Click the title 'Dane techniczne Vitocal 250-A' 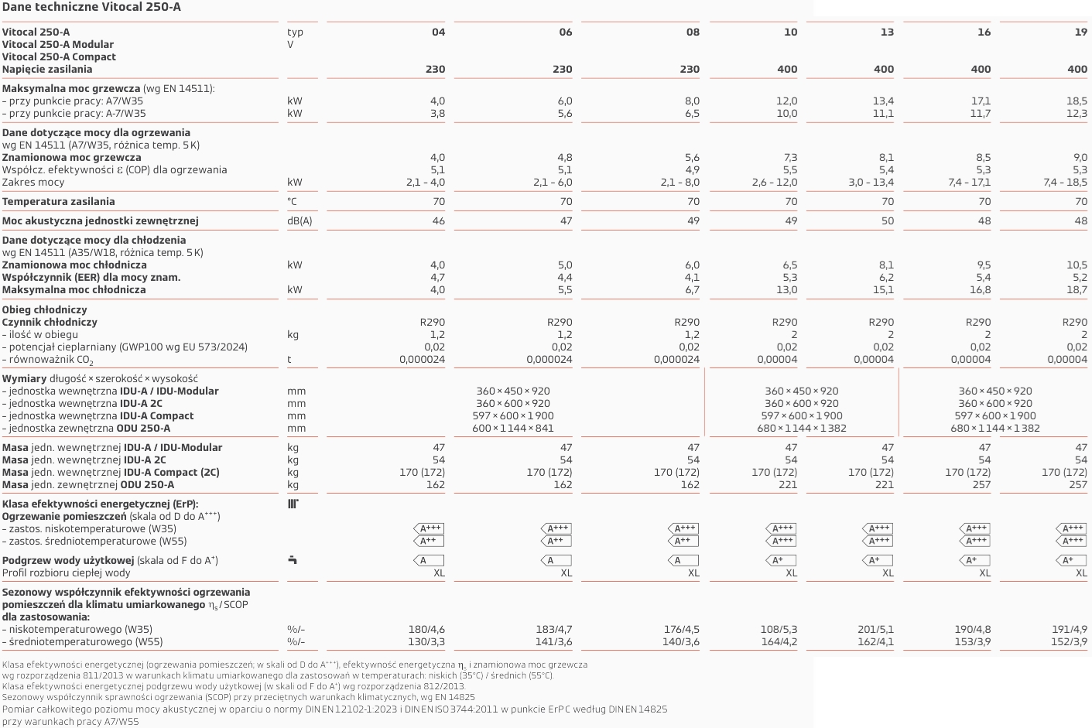click(x=91, y=7)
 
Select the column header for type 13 click(x=887, y=32)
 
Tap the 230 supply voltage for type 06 click(x=562, y=69)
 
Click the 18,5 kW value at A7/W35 click(x=1077, y=101)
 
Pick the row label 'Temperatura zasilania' click(x=59, y=201)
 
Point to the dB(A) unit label click(x=300, y=220)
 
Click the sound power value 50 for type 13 click(x=887, y=220)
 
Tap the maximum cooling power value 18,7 click(x=1077, y=289)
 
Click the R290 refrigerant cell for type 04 click(x=432, y=322)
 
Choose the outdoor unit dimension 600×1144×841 click(x=513, y=428)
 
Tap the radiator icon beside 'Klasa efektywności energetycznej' click(x=293, y=504)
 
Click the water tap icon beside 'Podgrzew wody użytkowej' click(x=292, y=559)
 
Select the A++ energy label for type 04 click(x=430, y=541)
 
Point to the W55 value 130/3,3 click(x=426, y=641)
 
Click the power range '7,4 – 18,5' click(x=1065, y=182)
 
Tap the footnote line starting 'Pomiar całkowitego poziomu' click(x=334, y=709)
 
